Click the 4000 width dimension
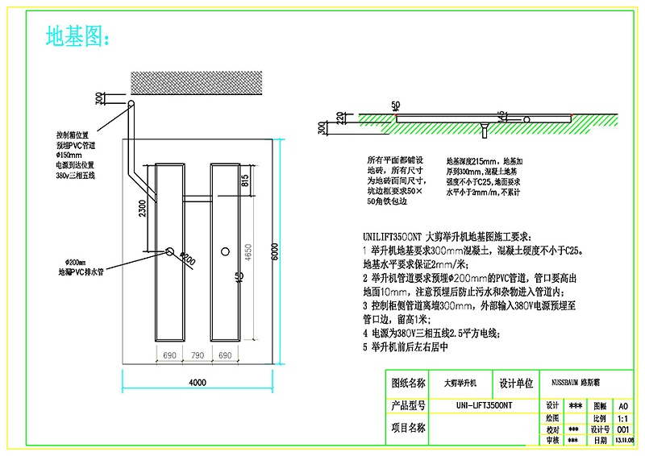(x=198, y=381)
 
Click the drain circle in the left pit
(x=171, y=251)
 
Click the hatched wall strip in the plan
(x=198, y=81)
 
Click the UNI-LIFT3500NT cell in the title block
(x=484, y=405)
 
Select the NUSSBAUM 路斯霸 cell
(x=580, y=383)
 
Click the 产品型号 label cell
(x=408, y=405)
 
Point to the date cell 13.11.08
(x=624, y=440)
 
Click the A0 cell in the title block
(x=623, y=406)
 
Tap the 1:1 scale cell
(x=623, y=418)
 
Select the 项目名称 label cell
(x=408, y=429)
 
